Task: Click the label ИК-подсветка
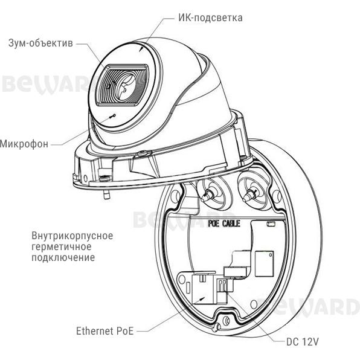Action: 210,18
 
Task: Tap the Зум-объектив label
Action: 40,43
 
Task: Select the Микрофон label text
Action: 24,144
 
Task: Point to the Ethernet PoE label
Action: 104,331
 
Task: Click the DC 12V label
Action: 303,342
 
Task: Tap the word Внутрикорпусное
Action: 72,236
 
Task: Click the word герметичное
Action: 61,247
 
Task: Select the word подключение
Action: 63,257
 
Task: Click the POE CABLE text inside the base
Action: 224,223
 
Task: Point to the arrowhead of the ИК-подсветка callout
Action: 141,50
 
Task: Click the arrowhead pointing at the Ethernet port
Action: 202,298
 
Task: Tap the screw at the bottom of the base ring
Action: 227,320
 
